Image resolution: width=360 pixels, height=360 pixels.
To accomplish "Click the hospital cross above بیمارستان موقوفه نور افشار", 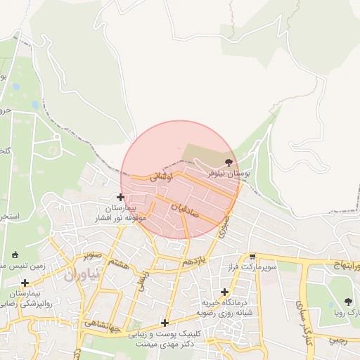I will tap(121, 197).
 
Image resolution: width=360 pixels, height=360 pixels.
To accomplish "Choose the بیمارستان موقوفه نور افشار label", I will tap(122, 214).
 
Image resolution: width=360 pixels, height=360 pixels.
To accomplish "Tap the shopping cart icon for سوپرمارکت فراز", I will tap(252, 258).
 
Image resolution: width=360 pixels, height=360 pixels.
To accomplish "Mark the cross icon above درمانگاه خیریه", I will tap(224, 292).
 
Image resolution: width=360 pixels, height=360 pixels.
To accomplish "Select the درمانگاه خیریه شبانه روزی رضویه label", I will tap(224, 307).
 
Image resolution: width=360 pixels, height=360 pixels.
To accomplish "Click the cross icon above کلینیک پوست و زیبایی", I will tap(165, 323).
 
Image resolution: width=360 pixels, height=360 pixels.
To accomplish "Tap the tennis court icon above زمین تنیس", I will tap(15, 255).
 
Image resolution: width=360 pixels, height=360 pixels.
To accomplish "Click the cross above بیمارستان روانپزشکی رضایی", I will tap(26, 282).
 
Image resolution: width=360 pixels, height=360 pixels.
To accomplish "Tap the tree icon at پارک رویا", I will tap(348, 302).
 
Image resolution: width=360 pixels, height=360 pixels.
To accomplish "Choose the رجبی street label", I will tap(338, 339).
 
